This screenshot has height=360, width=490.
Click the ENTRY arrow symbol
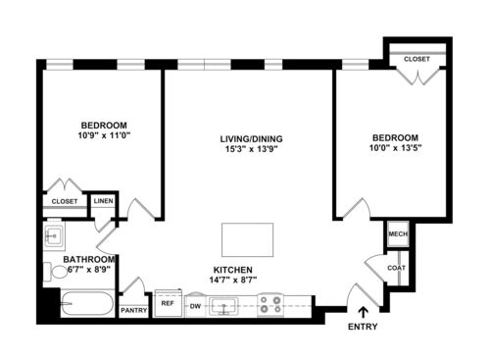pos(363,312)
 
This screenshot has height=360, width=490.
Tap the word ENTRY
pos(363,327)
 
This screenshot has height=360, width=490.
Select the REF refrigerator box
pos(168,303)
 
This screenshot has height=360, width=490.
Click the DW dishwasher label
pos(195,306)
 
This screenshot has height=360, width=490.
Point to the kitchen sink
pos(223,307)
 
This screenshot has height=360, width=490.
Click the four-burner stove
pos(270,305)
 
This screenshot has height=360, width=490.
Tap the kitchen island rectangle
pos(247,240)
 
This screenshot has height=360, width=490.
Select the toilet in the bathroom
pos(55,272)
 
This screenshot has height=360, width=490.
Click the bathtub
pos(87,303)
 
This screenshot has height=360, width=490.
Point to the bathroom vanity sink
pos(54,235)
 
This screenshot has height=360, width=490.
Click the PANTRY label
pos(134,310)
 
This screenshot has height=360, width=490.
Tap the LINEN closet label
pos(104,201)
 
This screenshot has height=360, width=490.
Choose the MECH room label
pos(398,234)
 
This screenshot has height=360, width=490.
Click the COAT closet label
pos(397,268)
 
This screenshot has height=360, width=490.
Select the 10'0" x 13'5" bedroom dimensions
pos(395,148)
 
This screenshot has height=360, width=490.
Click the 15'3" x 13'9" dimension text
pos(251,149)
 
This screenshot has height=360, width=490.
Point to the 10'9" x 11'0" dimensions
pos(104,135)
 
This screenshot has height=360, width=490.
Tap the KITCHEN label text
pos(233,270)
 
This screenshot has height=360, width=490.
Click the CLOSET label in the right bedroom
pos(416,59)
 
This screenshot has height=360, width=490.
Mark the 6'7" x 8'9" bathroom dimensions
pos(88,270)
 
